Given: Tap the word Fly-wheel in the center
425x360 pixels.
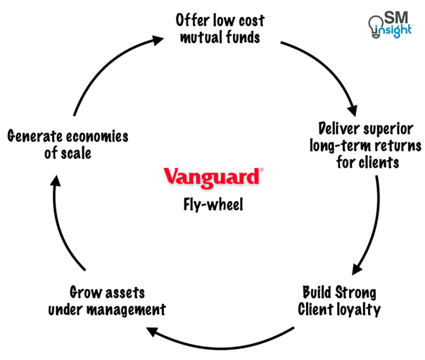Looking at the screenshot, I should click(x=213, y=205).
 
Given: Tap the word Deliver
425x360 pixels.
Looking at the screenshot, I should click(x=339, y=129).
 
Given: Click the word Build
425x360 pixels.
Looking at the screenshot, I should click(x=317, y=292).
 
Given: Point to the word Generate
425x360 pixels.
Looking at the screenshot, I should click(x=34, y=136).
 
